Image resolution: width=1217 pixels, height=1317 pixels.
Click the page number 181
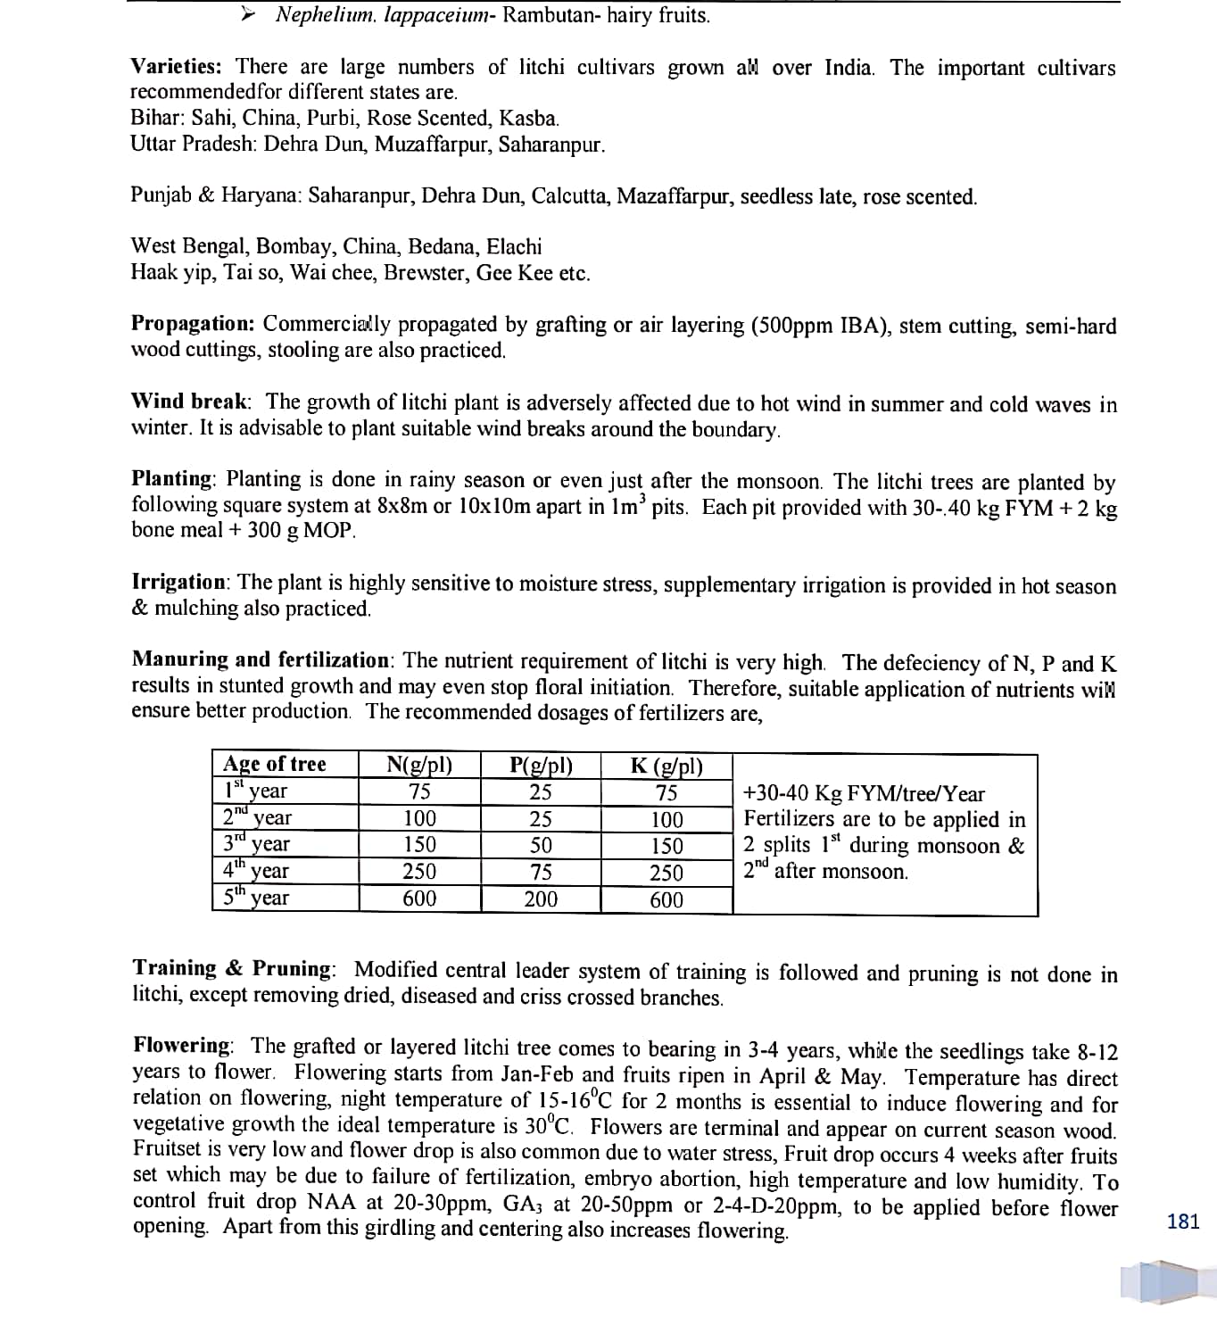point(1183,1222)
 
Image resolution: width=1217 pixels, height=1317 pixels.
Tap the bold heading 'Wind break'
point(190,402)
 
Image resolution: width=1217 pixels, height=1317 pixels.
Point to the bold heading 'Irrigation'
point(179,582)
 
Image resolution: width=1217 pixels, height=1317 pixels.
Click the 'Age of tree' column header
point(275,764)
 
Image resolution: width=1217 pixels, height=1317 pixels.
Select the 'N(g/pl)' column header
point(419,765)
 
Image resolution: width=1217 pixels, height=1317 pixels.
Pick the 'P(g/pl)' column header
point(541,765)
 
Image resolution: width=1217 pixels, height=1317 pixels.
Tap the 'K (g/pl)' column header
point(666,766)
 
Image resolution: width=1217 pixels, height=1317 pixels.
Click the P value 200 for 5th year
point(541,899)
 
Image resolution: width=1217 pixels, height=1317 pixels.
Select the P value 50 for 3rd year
point(541,845)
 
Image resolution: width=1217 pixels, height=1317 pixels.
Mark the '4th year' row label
point(256,871)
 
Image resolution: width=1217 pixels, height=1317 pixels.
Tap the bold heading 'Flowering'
point(182,1045)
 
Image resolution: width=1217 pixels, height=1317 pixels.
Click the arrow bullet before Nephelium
point(250,14)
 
